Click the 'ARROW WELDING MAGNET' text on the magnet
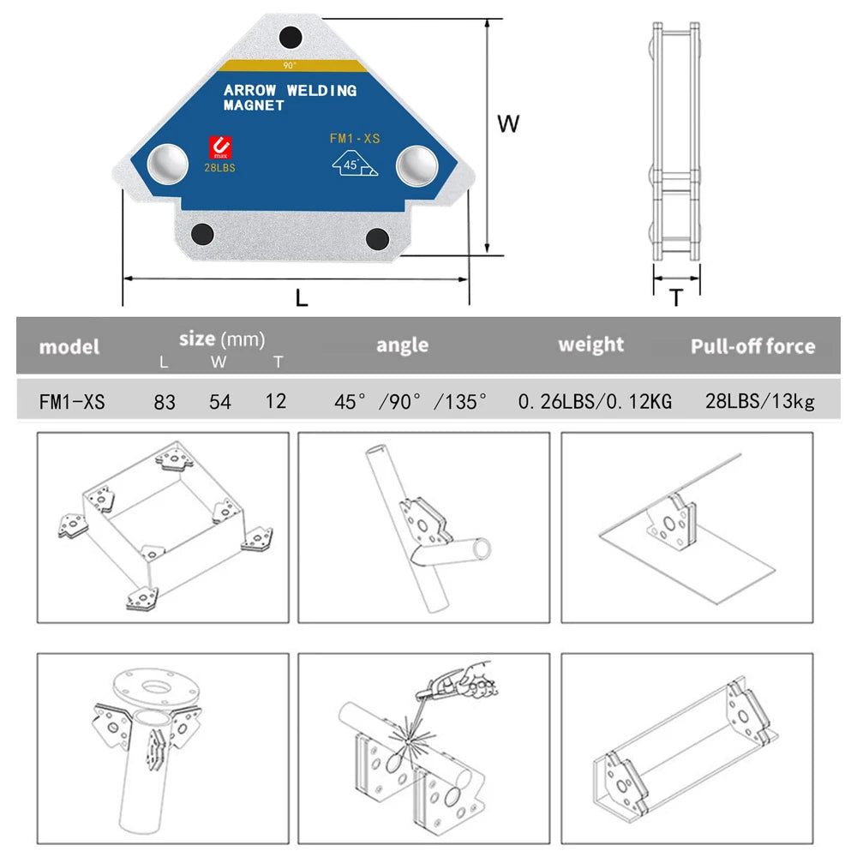[289, 98]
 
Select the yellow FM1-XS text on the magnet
[355, 137]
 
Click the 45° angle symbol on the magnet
[353, 163]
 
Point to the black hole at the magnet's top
[291, 37]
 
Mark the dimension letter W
[508, 124]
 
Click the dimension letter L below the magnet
[302, 298]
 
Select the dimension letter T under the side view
[676, 298]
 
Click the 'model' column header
[69, 347]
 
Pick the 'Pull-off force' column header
[752, 347]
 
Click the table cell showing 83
[164, 401]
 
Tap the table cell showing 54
[219, 401]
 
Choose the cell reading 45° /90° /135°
[411, 401]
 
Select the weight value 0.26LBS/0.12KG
[595, 401]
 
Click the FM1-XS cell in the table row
[72, 401]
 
